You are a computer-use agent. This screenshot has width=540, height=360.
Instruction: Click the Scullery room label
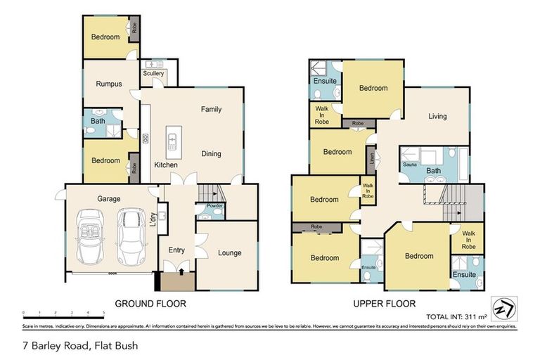point(153,73)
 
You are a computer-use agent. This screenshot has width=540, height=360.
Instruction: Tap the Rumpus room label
point(109,84)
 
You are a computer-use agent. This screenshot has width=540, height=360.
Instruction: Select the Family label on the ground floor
point(211,110)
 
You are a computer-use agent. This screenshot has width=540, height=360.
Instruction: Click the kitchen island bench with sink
point(172,143)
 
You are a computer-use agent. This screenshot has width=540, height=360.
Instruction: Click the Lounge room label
point(229,253)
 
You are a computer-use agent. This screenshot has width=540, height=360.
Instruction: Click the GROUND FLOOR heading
point(150,304)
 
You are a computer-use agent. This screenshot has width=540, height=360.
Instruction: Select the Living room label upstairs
point(437,117)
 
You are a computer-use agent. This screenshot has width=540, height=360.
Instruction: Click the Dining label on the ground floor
point(211,154)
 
